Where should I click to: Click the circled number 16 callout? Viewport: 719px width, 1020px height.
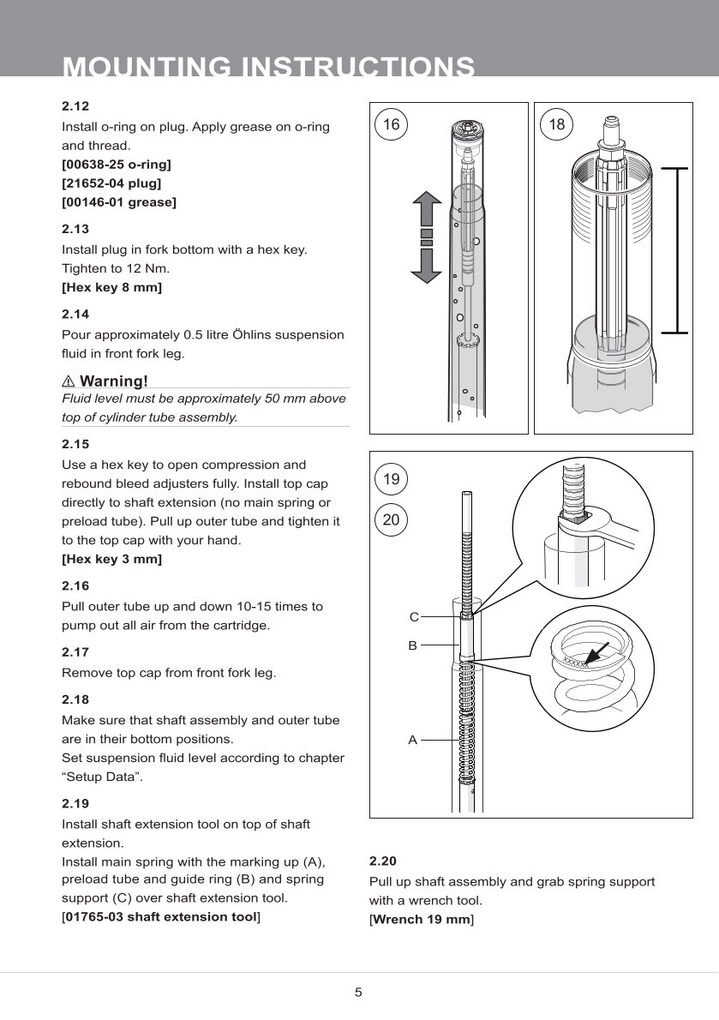391,124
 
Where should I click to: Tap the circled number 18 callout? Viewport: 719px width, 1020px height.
557,124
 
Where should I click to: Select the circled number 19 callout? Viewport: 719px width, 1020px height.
392,479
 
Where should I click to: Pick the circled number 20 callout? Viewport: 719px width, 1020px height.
392,519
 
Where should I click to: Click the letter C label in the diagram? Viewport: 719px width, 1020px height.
413,617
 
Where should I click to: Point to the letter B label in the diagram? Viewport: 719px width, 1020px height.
412,645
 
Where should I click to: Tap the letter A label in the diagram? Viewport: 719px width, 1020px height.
412,739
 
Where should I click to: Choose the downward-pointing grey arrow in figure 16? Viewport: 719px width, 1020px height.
426,265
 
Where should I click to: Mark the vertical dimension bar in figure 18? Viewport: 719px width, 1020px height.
677,249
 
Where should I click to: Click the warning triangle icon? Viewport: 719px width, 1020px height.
68,381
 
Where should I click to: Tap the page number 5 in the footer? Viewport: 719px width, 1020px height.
359,993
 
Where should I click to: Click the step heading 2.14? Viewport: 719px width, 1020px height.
75,315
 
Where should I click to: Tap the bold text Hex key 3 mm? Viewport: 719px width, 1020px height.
113,559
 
